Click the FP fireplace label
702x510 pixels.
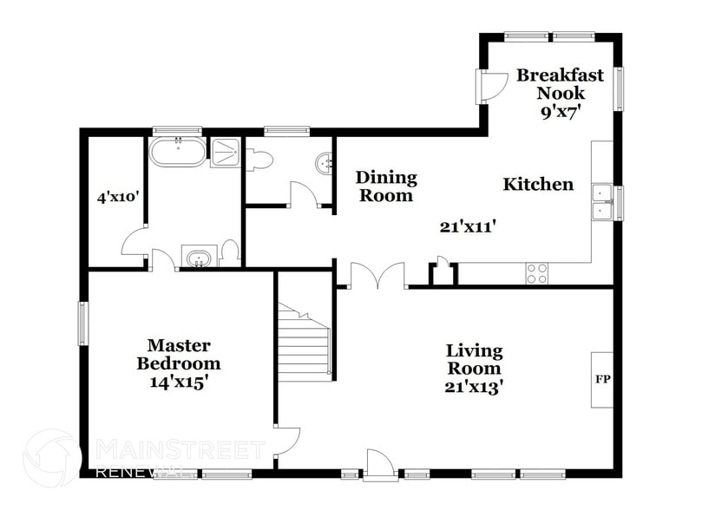click(601, 380)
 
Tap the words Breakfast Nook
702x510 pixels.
click(560, 84)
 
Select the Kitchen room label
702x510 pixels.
click(538, 184)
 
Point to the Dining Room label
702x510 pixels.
click(386, 186)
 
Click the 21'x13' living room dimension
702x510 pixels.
click(475, 387)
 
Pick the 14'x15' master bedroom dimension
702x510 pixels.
click(178, 381)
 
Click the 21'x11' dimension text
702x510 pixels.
click(468, 227)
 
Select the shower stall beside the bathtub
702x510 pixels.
click(225, 154)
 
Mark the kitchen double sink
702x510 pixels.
click(602, 201)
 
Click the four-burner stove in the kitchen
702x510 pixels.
click(537, 273)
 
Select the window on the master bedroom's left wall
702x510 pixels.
click(84, 322)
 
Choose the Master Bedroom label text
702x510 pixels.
click(178, 354)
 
